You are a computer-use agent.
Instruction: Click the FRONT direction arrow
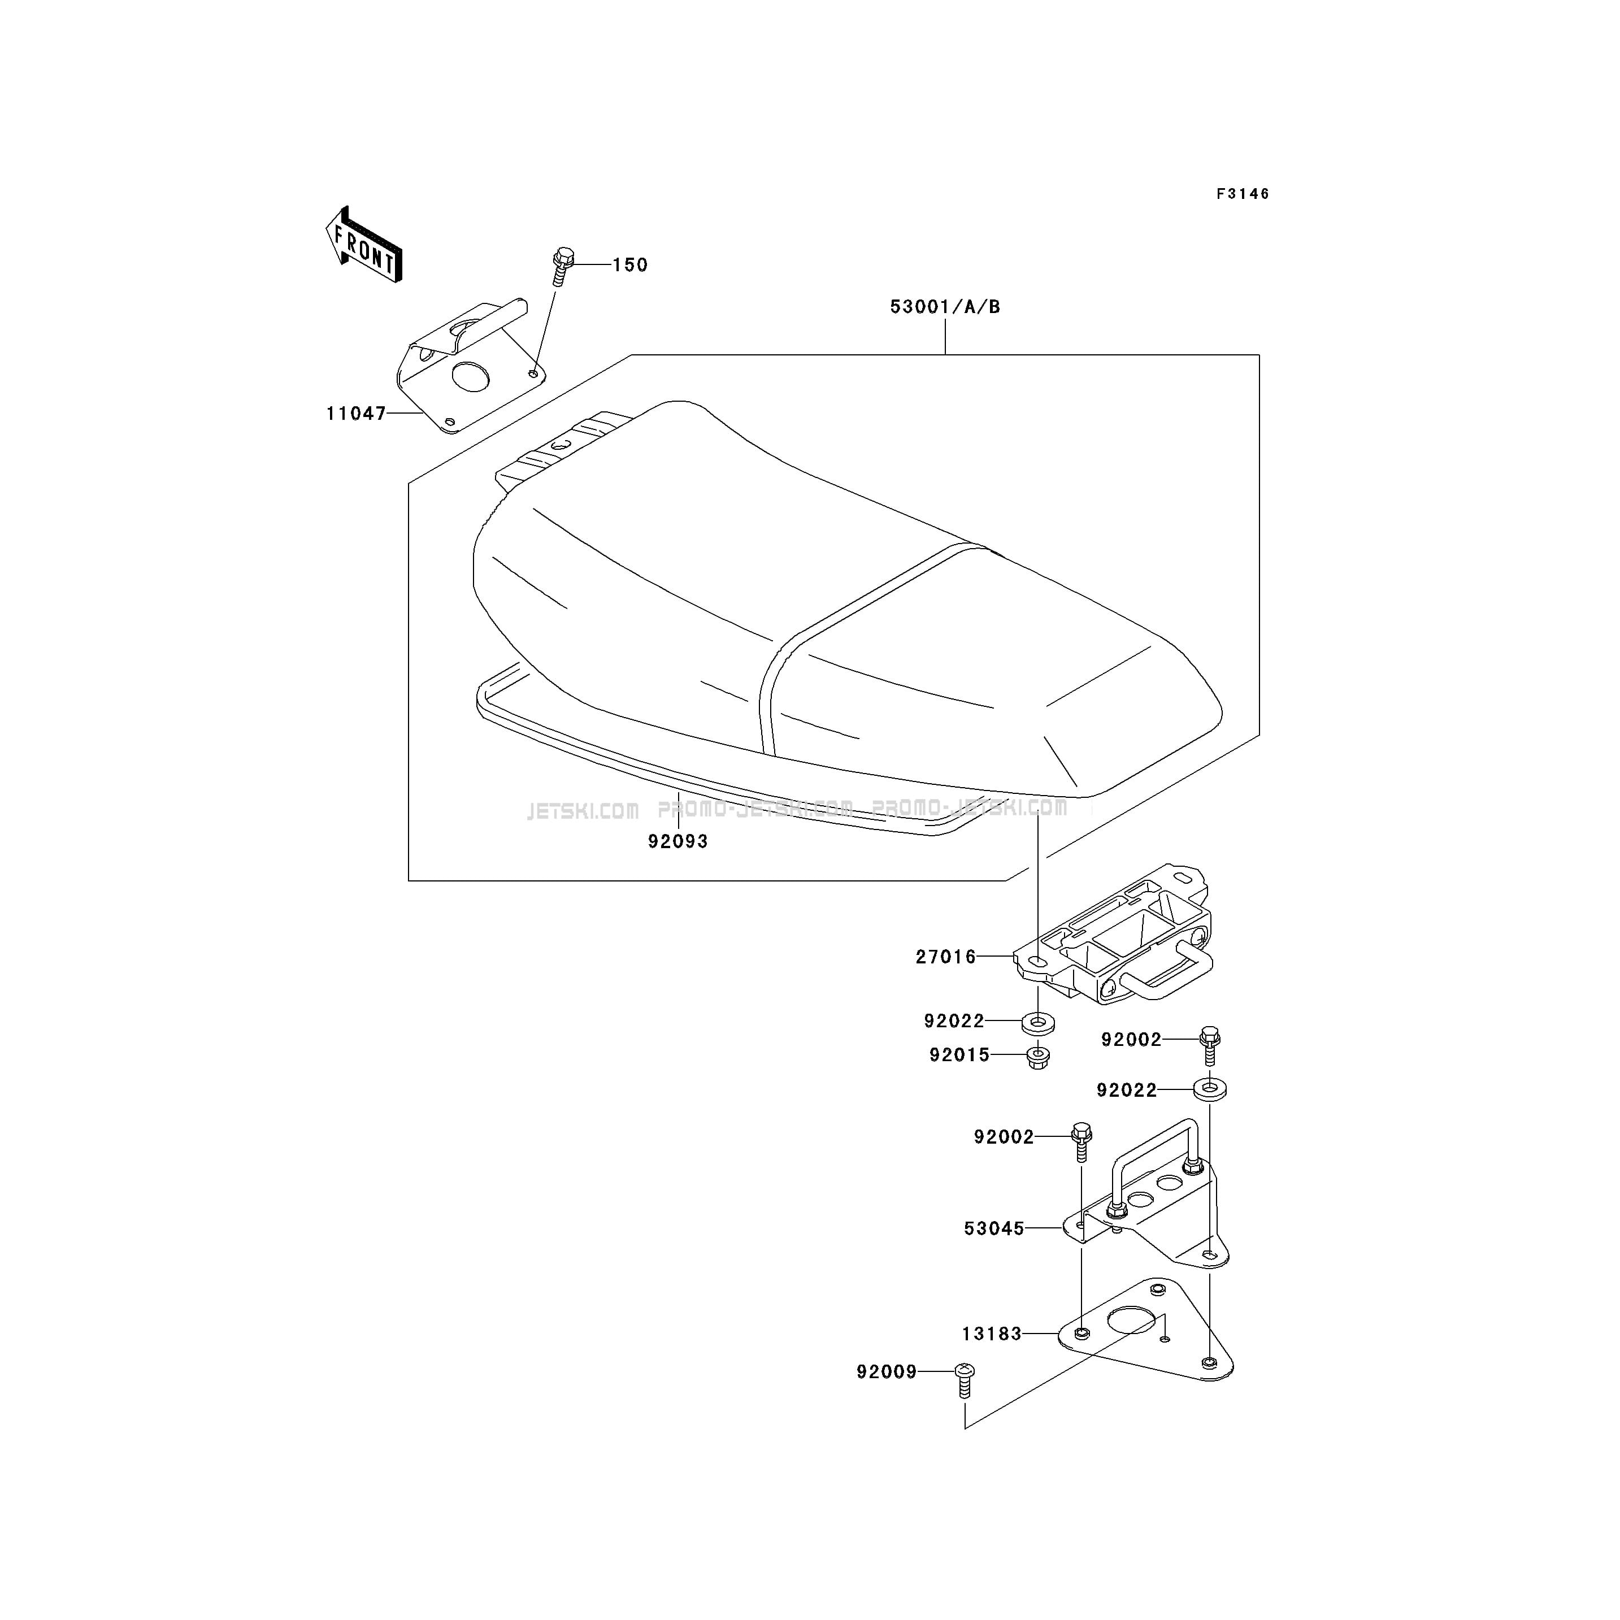364,245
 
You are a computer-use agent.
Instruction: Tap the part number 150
629,265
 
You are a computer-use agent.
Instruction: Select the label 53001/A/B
945,307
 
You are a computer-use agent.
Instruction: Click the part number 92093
677,841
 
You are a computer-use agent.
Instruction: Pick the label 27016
946,957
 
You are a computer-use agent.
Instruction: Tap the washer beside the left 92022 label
1038,1023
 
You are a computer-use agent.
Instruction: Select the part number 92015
959,1055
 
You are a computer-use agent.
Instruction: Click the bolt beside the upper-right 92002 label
1209,1045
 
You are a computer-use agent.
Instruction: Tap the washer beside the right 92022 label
1210,1090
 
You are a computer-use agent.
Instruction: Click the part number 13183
992,1333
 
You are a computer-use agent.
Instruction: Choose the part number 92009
887,1372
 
